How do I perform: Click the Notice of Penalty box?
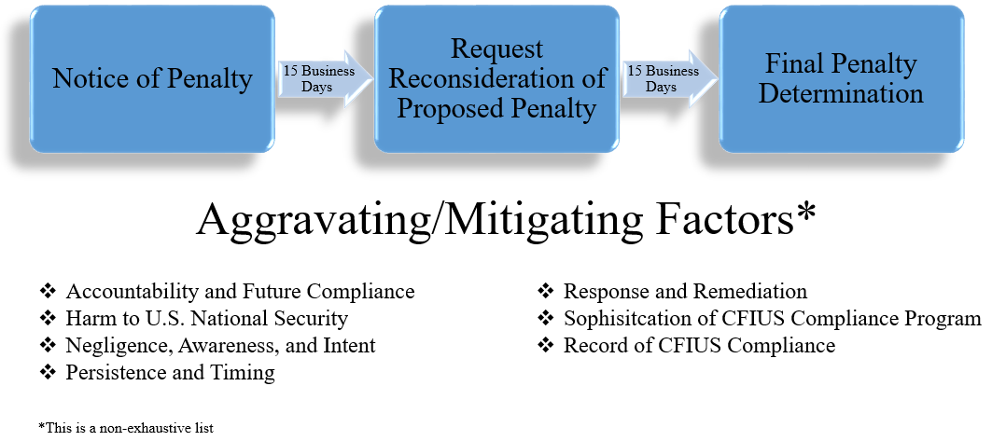152,78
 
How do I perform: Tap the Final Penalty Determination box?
840,78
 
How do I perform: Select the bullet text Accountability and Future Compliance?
240,291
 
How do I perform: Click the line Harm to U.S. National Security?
206,318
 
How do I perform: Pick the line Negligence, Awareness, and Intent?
220,345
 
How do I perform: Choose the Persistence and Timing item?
170,373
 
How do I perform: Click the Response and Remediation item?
685,291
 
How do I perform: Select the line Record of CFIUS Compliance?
699,345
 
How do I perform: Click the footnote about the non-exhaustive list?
126,428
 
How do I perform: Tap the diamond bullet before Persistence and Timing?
48,373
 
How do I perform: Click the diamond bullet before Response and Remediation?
546,291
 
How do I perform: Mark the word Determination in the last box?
840,93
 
